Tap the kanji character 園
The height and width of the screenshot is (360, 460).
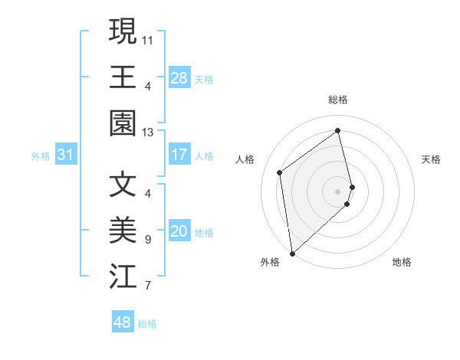pyautogui.click(x=123, y=123)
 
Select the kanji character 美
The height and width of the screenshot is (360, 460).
pyautogui.click(x=123, y=231)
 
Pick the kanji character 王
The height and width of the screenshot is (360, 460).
pyautogui.click(x=123, y=77)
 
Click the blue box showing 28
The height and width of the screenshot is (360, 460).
pyautogui.click(x=179, y=77)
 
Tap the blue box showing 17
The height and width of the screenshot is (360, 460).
pyautogui.click(x=179, y=155)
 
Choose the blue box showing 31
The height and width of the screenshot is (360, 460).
pyautogui.click(x=66, y=155)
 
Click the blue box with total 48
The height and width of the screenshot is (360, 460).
pyautogui.click(x=123, y=322)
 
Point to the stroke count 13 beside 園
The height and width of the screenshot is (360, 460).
pyautogui.click(x=148, y=133)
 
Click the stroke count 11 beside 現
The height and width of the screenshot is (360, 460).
pyautogui.click(x=148, y=38)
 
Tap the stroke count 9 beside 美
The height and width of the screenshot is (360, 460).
pyautogui.click(x=148, y=240)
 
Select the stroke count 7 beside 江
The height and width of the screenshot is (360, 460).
pyautogui.click(x=148, y=286)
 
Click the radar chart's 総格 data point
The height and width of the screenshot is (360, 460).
pyautogui.click(x=338, y=130)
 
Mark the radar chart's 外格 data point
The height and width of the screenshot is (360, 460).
pyautogui.click(x=292, y=253)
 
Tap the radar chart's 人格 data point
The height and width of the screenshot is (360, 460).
pyautogui.click(x=280, y=172)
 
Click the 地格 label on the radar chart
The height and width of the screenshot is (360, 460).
pyautogui.click(x=402, y=262)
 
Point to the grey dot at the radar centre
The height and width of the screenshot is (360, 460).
pyautogui.click(x=338, y=191)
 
